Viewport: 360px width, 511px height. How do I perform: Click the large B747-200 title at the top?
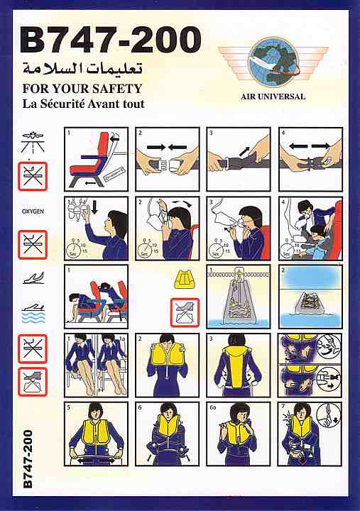[x=110, y=40]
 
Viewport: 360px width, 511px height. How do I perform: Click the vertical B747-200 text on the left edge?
[x=28, y=459]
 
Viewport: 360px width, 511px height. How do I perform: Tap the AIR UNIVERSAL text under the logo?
[x=273, y=97]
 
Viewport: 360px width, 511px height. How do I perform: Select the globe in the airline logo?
[x=273, y=62]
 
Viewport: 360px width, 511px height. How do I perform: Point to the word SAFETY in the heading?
[x=117, y=89]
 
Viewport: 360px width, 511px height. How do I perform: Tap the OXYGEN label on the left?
[x=33, y=211]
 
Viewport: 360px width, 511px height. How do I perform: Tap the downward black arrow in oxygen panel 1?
[x=94, y=208]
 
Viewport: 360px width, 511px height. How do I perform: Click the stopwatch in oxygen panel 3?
[x=215, y=248]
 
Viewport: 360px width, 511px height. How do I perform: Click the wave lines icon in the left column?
[x=34, y=317]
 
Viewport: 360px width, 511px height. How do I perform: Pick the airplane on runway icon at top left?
[x=32, y=143]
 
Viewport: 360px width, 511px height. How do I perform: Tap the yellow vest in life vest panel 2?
[x=168, y=356]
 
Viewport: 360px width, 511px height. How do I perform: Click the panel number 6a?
[x=213, y=407]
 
